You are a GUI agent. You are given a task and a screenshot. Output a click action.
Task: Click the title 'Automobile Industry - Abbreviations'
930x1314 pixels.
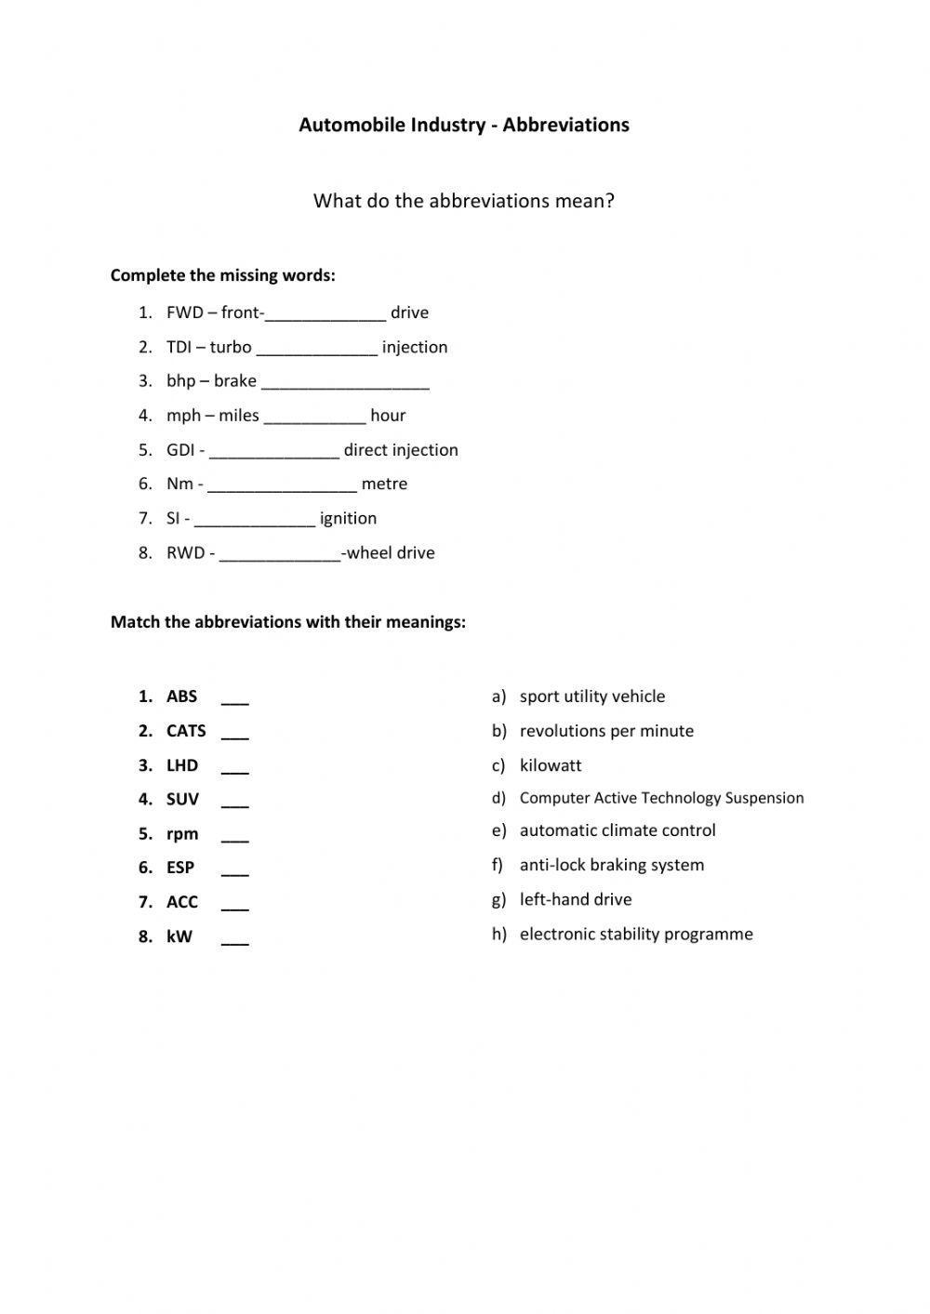464,125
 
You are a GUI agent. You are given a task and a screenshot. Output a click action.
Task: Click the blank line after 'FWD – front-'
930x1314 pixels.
325,314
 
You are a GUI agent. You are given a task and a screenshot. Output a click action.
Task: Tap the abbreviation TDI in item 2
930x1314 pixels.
179,347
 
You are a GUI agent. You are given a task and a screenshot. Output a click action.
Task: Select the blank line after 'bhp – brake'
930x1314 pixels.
345,383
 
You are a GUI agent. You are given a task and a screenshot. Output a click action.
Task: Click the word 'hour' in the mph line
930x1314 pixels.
388,416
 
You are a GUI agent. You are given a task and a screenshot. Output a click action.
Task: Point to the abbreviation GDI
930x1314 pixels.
179,450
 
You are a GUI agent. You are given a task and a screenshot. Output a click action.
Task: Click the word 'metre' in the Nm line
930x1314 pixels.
384,484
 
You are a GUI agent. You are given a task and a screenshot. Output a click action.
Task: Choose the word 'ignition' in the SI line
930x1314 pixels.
348,518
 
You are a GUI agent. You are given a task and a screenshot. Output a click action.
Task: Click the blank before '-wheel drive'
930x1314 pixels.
280,555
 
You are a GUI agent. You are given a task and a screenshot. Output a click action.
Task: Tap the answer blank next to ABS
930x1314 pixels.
235,699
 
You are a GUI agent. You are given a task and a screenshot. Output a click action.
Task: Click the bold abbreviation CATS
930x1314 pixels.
186,731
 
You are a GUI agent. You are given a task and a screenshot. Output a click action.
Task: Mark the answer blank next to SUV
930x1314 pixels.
235,803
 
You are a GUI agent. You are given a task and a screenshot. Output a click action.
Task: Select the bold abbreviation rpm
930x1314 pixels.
182,834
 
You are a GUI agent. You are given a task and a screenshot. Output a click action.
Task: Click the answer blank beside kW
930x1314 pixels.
235,940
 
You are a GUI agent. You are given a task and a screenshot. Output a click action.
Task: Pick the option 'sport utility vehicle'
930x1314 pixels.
592,697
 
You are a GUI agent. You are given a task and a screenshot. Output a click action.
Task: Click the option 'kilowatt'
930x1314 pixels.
551,765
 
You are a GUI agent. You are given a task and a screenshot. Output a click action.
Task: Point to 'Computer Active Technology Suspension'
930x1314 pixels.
661,798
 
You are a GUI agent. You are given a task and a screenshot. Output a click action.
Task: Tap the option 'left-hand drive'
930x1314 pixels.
576,899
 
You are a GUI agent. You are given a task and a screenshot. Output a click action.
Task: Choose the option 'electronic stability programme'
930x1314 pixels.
636,934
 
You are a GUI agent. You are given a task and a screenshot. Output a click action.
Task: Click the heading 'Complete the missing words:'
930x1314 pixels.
223,275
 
